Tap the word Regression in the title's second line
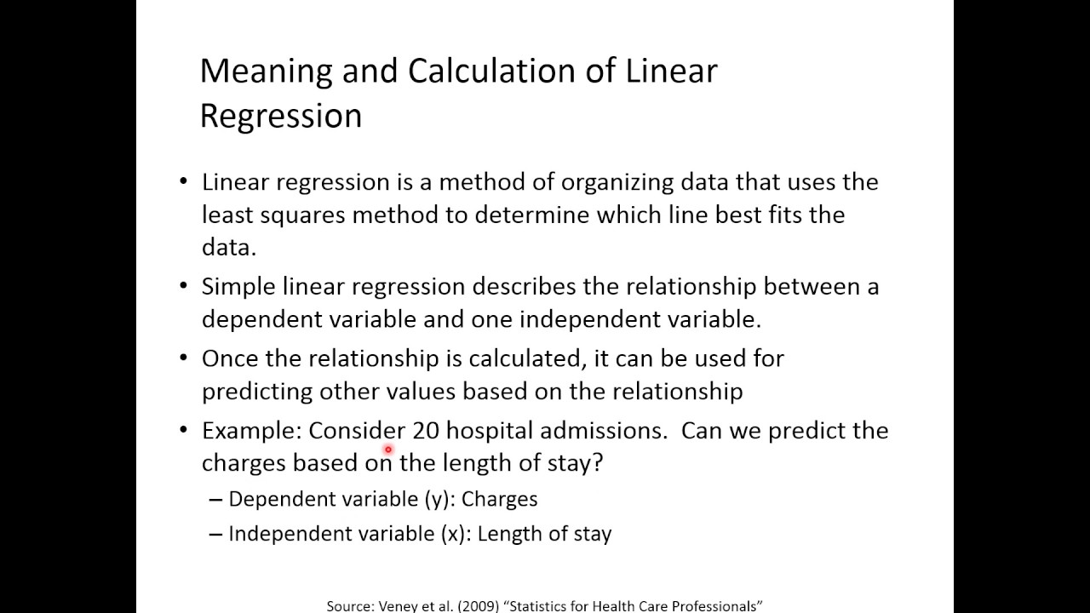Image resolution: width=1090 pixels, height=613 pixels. (281, 116)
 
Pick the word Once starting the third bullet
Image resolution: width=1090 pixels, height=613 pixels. (227, 358)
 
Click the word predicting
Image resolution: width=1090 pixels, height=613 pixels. (256, 392)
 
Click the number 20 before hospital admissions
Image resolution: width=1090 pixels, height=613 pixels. (425, 431)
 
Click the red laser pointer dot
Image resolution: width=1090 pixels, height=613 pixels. (388, 450)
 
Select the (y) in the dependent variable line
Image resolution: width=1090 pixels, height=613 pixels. (437, 500)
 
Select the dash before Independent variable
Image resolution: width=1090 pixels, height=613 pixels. (215, 535)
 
